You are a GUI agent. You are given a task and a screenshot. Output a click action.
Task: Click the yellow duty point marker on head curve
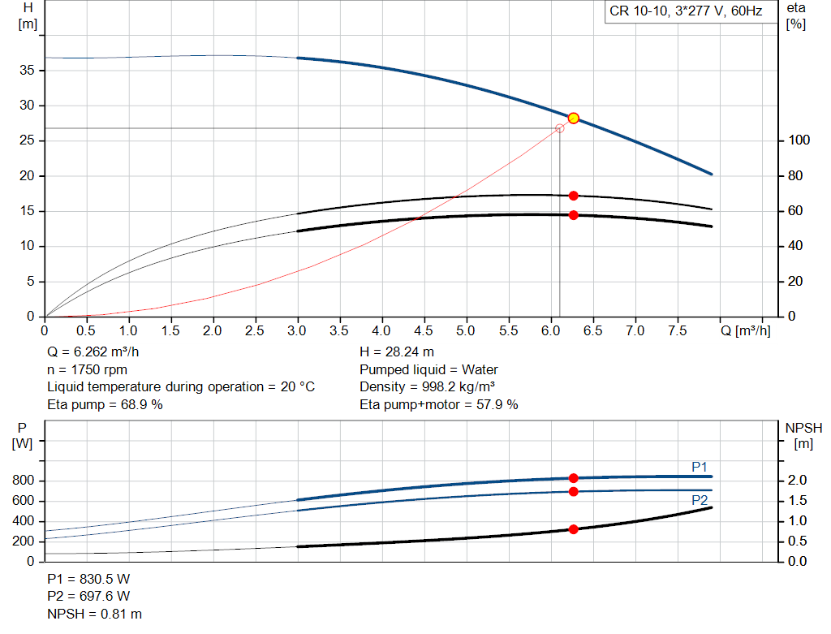click(573, 118)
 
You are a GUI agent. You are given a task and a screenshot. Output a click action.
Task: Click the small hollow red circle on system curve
click(560, 128)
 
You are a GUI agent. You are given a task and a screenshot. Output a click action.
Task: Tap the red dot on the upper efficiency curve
click(573, 196)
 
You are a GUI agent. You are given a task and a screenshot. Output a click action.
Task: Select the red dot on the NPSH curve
click(573, 529)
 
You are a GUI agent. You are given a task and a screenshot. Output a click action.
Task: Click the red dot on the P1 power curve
click(573, 478)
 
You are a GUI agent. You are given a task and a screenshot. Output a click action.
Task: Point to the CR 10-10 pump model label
click(685, 12)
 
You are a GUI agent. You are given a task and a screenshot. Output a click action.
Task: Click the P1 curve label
click(700, 467)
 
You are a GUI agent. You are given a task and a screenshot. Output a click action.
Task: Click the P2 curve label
click(700, 500)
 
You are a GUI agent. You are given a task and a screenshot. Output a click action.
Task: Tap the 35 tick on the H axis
click(28, 71)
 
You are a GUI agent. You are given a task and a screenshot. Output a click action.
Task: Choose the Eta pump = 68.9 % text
click(105, 404)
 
